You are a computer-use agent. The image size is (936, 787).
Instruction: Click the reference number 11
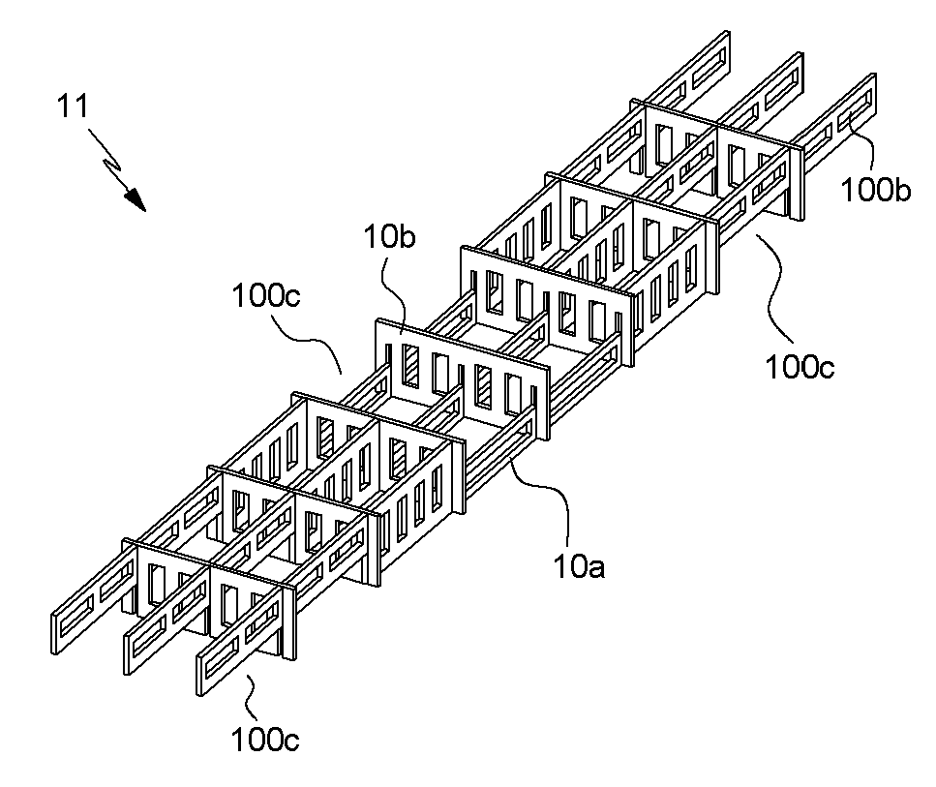(x=73, y=106)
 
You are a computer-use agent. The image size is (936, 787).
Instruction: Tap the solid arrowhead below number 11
(x=136, y=200)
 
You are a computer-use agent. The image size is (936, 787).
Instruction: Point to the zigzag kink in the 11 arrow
(x=114, y=163)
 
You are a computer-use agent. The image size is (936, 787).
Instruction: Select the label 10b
(x=389, y=237)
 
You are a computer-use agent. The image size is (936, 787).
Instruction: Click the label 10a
(x=579, y=566)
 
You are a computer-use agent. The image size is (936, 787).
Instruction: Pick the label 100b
(x=876, y=191)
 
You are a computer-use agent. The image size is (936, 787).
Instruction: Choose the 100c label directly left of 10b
(x=266, y=295)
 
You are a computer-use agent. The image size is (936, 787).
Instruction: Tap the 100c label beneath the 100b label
(x=800, y=367)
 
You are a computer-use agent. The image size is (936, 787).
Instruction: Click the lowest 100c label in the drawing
(x=265, y=741)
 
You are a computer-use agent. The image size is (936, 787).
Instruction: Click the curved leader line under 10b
(x=397, y=292)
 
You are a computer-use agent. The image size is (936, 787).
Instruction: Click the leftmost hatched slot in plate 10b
(x=410, y=366)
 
